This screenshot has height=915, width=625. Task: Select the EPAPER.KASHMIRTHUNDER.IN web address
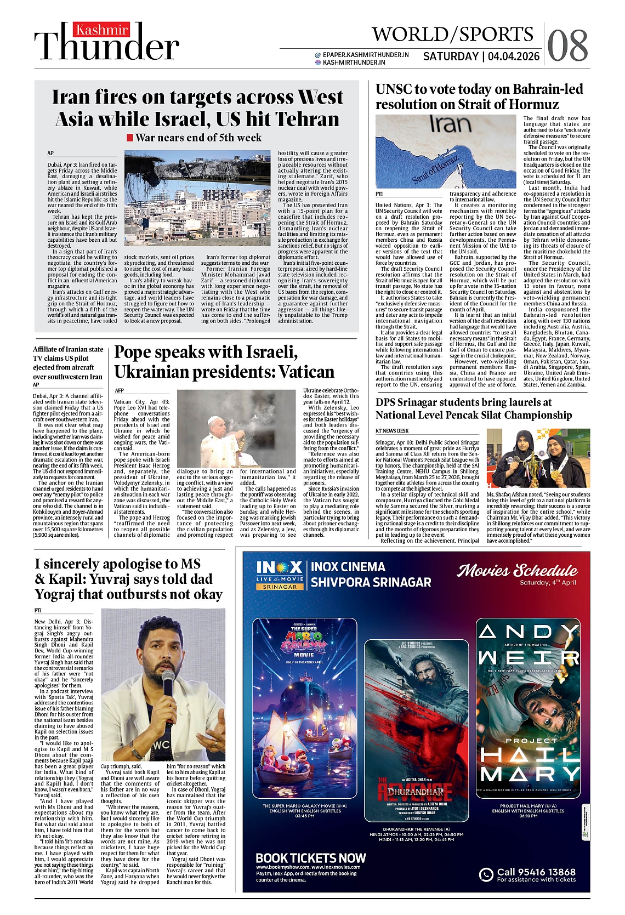(366, 55)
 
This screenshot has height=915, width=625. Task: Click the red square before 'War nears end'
(130, 138)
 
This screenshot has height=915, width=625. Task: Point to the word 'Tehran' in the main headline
(308, 119)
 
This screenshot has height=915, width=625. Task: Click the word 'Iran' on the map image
(450, 124)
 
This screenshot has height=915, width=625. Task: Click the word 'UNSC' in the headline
(393, 89)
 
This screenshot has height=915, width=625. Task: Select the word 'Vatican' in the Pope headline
(306, 372)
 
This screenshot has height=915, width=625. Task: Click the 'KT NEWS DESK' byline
(392, 430)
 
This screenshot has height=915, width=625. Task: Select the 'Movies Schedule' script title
(517, 571)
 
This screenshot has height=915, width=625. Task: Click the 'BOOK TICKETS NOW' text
(311, 858)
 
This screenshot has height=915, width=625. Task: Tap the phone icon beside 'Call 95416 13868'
(486, 874)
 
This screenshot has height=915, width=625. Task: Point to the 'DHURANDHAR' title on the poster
(416, 792)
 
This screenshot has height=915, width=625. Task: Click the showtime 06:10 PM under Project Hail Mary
(528, 816)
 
